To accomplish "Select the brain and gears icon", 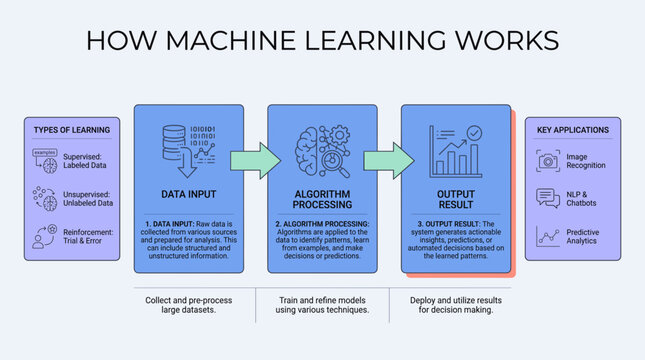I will click(322, 150).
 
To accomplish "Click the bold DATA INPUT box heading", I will click(189, 194).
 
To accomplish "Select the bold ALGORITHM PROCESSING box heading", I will click(322, 199).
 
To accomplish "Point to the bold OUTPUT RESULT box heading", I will click(456, 199).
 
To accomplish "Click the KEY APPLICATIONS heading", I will click(573, 130).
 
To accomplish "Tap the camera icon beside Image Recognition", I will click(547, 160).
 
